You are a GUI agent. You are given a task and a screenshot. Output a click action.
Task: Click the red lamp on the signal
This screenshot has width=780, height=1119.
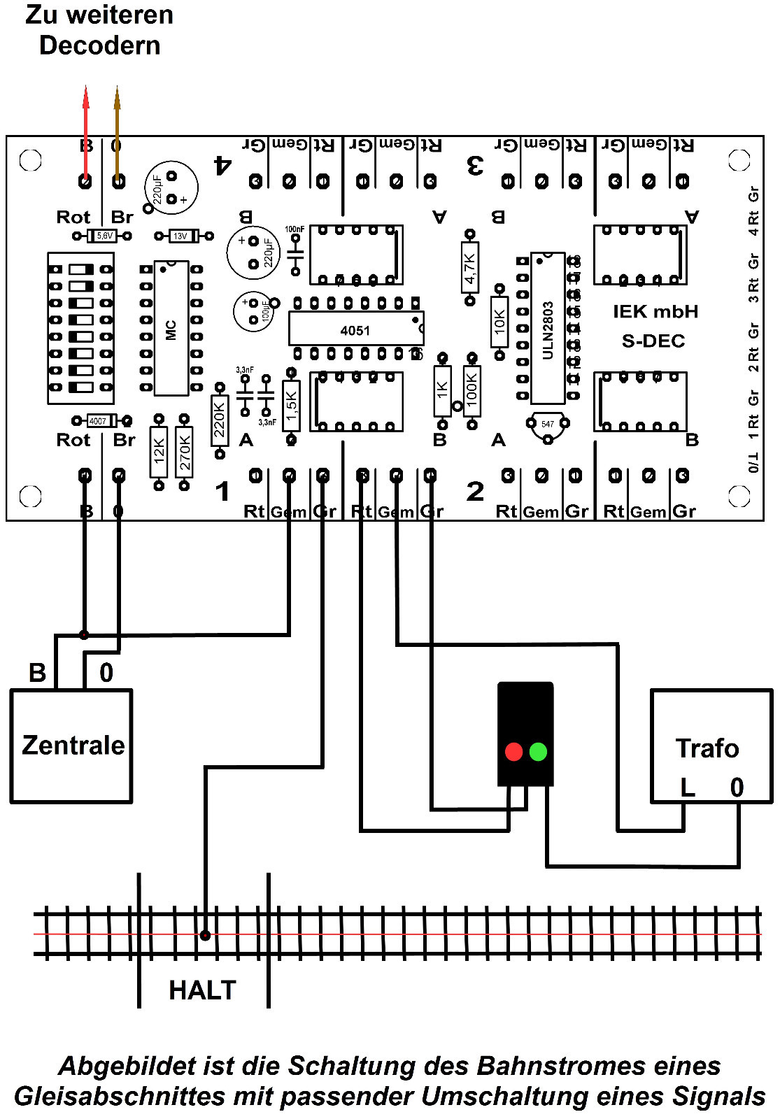[513, 752]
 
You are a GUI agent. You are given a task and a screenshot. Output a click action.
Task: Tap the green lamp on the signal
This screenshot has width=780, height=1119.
[538, 752]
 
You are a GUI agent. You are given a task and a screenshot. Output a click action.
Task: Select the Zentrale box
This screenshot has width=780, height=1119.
[71, 746]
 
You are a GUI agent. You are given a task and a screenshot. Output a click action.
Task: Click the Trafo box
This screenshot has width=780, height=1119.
[711, 746]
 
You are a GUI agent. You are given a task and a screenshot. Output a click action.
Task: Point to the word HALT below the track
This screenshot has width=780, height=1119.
[202, 990]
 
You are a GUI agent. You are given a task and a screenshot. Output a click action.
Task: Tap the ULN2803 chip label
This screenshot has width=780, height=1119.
[548, 330]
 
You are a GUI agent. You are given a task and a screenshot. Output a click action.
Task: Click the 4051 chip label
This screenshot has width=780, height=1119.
[355, 330]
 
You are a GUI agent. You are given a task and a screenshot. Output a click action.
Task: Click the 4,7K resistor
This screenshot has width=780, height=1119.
[470, 268]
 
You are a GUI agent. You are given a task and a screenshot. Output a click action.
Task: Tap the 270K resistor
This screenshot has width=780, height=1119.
[184, 452]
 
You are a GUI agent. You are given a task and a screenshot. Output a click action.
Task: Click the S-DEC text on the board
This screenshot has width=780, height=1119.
[653, 341]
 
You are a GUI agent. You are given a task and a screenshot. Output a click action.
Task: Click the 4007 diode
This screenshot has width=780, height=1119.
[99, 420]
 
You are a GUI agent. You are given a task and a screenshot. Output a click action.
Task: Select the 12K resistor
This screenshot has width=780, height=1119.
[159, 452]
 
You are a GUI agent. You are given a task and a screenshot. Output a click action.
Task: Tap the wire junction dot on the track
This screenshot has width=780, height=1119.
[205, 935]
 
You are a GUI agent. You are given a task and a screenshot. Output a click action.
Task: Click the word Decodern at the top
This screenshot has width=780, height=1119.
[99, 45]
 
